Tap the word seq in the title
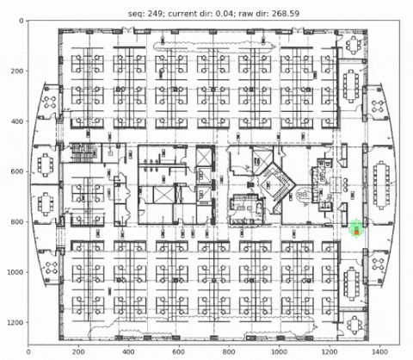click(x=135, y=14)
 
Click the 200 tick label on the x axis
click(x=78, y=351)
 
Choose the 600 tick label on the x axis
click(x=179, y=351)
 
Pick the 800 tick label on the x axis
click(x=229, y=351)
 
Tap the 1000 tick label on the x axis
click(x=280, y=351)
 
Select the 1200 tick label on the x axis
click(x=330, y=351)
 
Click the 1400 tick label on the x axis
click(x=379, y=351)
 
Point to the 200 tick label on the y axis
click(x=17, y=71)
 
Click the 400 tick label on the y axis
click(x=17, y=121)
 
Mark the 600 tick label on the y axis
click(x=17, y=171)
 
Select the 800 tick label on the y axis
click(x=17, y=222)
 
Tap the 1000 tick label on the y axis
click(x=15, y=272)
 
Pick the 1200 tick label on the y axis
click(x=15, y=323)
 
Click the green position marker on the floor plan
click(x=356, y=229)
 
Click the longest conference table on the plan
click(x=381, y=185)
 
